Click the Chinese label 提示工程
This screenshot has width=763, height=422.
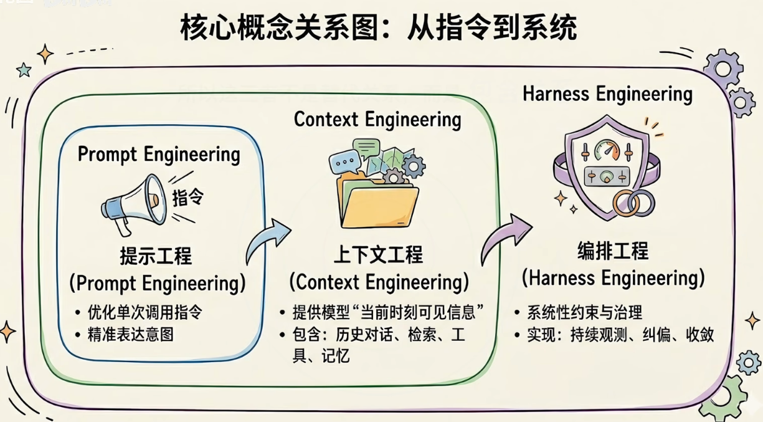coord(156,256)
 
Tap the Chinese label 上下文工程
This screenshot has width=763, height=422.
coord(378,254)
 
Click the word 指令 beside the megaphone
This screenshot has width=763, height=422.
coord(187,198)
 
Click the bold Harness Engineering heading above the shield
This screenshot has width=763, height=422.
coord(607,94)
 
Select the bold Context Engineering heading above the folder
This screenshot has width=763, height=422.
coord(377,119)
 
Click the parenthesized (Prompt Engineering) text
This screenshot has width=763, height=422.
coord(157,283)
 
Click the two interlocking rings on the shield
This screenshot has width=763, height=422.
coord(633,203)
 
